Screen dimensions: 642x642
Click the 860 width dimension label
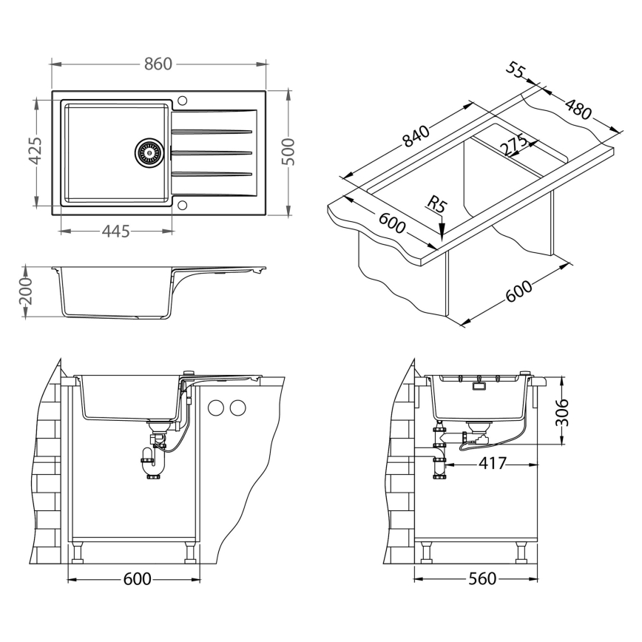[x=158, y=64]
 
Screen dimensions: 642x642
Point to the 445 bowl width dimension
[x=115, y=232]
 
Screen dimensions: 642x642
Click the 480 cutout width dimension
[x=578, y=108]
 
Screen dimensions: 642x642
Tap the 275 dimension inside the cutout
[x=512, y=145]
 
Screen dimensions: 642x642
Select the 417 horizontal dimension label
[x=492, y=464]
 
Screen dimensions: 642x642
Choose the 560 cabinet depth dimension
[x=481, y=578]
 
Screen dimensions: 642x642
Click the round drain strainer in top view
[x=148, y=152]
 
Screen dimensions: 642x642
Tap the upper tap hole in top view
[x=183, y=100]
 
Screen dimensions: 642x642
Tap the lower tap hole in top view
[x=183, y=205]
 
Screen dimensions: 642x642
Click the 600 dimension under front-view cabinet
[x=135, y=578]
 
